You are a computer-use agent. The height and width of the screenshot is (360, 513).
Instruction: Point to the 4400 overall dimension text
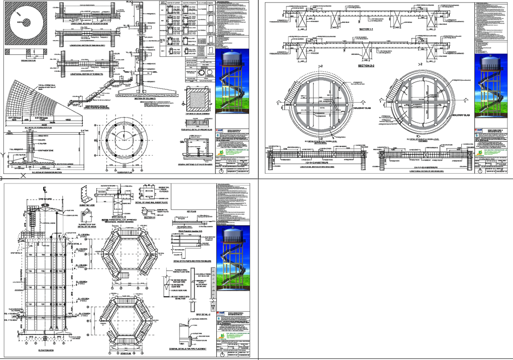coord(38,124)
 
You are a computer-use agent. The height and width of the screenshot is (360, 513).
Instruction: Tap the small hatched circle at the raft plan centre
coord(25,22)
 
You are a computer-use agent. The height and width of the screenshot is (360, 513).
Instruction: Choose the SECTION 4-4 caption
coord(149,217)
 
